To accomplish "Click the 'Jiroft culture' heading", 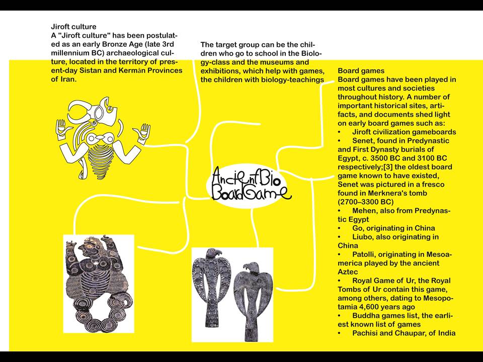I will coord(73,27).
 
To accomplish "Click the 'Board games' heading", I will coord(361,71).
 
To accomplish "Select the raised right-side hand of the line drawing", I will coord(144,132).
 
